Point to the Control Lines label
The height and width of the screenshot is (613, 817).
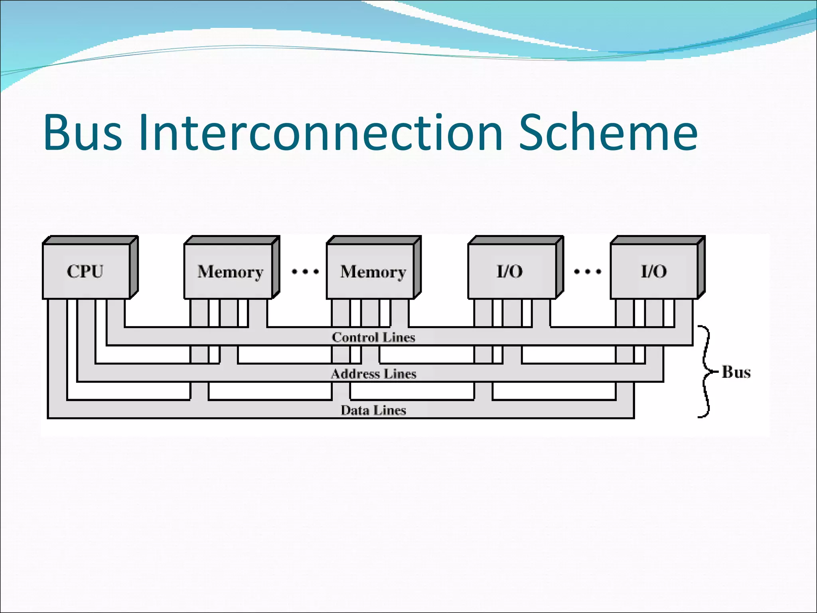tap(373, 338)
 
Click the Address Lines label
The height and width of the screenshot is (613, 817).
tap(373, 374)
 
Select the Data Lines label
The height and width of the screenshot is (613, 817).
tap(373, 410)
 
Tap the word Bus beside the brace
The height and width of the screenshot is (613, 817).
tap(736, 372)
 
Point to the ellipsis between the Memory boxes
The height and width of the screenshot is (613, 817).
tap(305, 272)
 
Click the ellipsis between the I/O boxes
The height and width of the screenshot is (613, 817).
tap(587, 272)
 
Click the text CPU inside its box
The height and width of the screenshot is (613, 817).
tap(85, 271)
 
